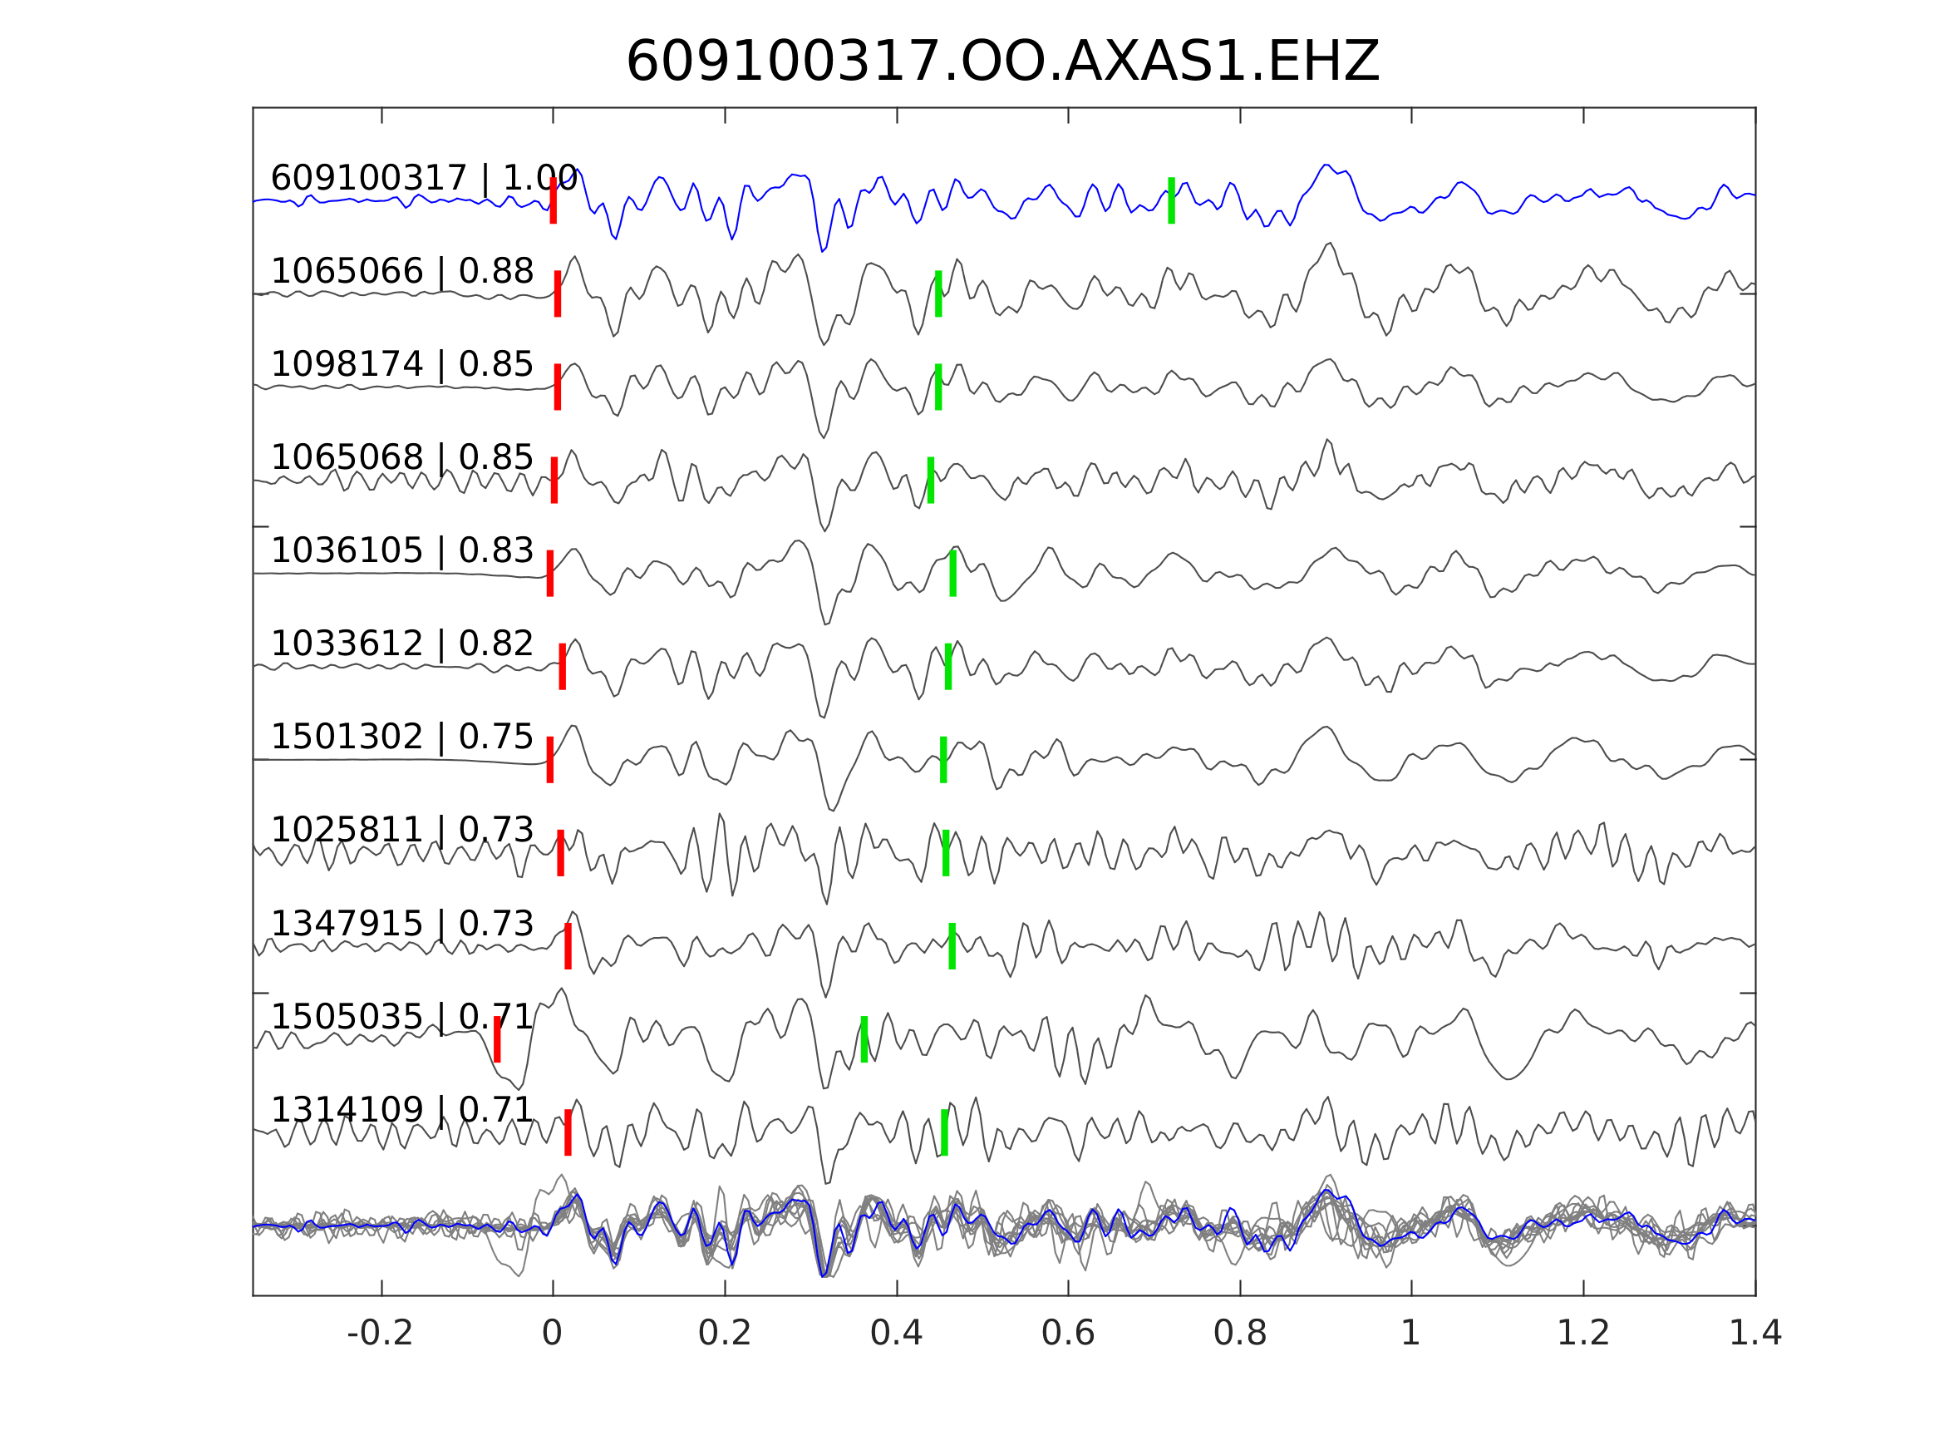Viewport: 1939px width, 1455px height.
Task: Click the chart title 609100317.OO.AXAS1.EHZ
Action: [x=1002, y=62]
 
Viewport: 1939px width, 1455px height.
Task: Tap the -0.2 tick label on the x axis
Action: [x=380, y=1334]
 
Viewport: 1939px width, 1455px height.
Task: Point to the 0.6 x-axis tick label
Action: [x=1068, y=1334]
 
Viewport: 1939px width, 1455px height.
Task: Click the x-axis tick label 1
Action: [x=1410, y=1334]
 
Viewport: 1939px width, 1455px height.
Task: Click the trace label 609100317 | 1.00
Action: [x=423, y=178]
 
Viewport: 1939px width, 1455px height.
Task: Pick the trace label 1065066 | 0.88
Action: [x=401, y=272]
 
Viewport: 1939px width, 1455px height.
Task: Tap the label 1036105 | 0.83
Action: [x=401, y=550]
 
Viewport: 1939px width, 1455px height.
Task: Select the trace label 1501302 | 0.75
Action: [x=401, y=737]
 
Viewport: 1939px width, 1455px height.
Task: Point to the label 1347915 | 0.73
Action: [x=401, y=924]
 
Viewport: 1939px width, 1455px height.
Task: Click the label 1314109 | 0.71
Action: [x=401, y=1109]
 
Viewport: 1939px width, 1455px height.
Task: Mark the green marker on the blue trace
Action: [x=1171, y=201]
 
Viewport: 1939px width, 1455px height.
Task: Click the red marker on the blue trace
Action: [x=554, y=201]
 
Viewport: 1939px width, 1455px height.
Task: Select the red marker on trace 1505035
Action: [x=497, y=1039]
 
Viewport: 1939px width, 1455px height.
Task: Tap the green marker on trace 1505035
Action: [x=864, y=1039]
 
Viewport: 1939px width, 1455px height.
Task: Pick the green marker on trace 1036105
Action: [x=952, y=574]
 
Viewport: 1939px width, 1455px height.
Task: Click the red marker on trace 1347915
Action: [x=568, y=946]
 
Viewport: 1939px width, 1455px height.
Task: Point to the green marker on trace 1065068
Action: [x=931, y=481]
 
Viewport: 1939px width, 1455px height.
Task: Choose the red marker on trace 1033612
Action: [x=563, y=667]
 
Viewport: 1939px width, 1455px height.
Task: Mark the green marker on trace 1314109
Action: [x=944, y=1132]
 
